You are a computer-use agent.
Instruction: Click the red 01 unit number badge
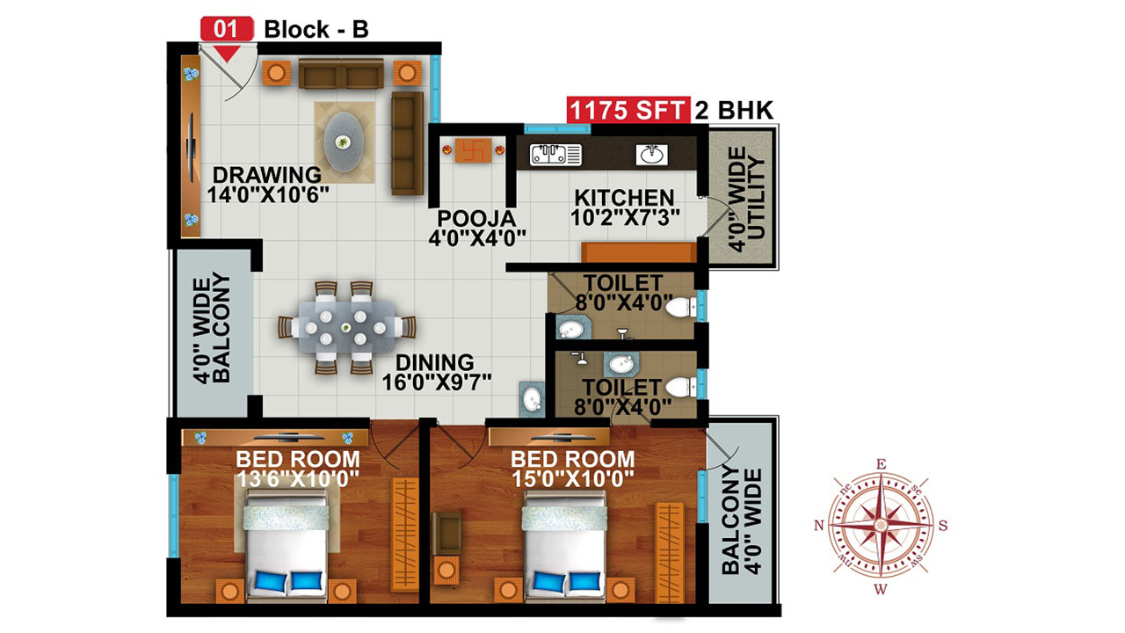[227, 29]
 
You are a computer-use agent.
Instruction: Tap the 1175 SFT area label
[628, 110]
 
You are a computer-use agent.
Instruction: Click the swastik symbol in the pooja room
[473, 150]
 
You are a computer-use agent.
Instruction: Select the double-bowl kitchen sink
[555, 154]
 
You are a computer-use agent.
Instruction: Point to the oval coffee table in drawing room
[344, 142]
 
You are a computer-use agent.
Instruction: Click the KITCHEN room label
[624, 198]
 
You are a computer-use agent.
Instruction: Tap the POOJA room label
[476, 218]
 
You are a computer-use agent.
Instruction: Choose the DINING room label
[435, 362]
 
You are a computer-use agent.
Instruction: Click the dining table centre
[345, 328]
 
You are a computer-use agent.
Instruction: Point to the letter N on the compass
[819, 526]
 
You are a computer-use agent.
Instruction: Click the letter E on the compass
[881, 464]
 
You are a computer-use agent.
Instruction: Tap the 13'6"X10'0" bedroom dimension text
[298, 478]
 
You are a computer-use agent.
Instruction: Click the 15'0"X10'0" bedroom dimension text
[573, 478]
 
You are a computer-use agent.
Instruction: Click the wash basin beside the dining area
[532, 399]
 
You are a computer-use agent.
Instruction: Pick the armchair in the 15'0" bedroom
[446, 533]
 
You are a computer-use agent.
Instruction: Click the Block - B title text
[316, 29]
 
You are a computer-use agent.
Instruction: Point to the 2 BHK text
[734, 110]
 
